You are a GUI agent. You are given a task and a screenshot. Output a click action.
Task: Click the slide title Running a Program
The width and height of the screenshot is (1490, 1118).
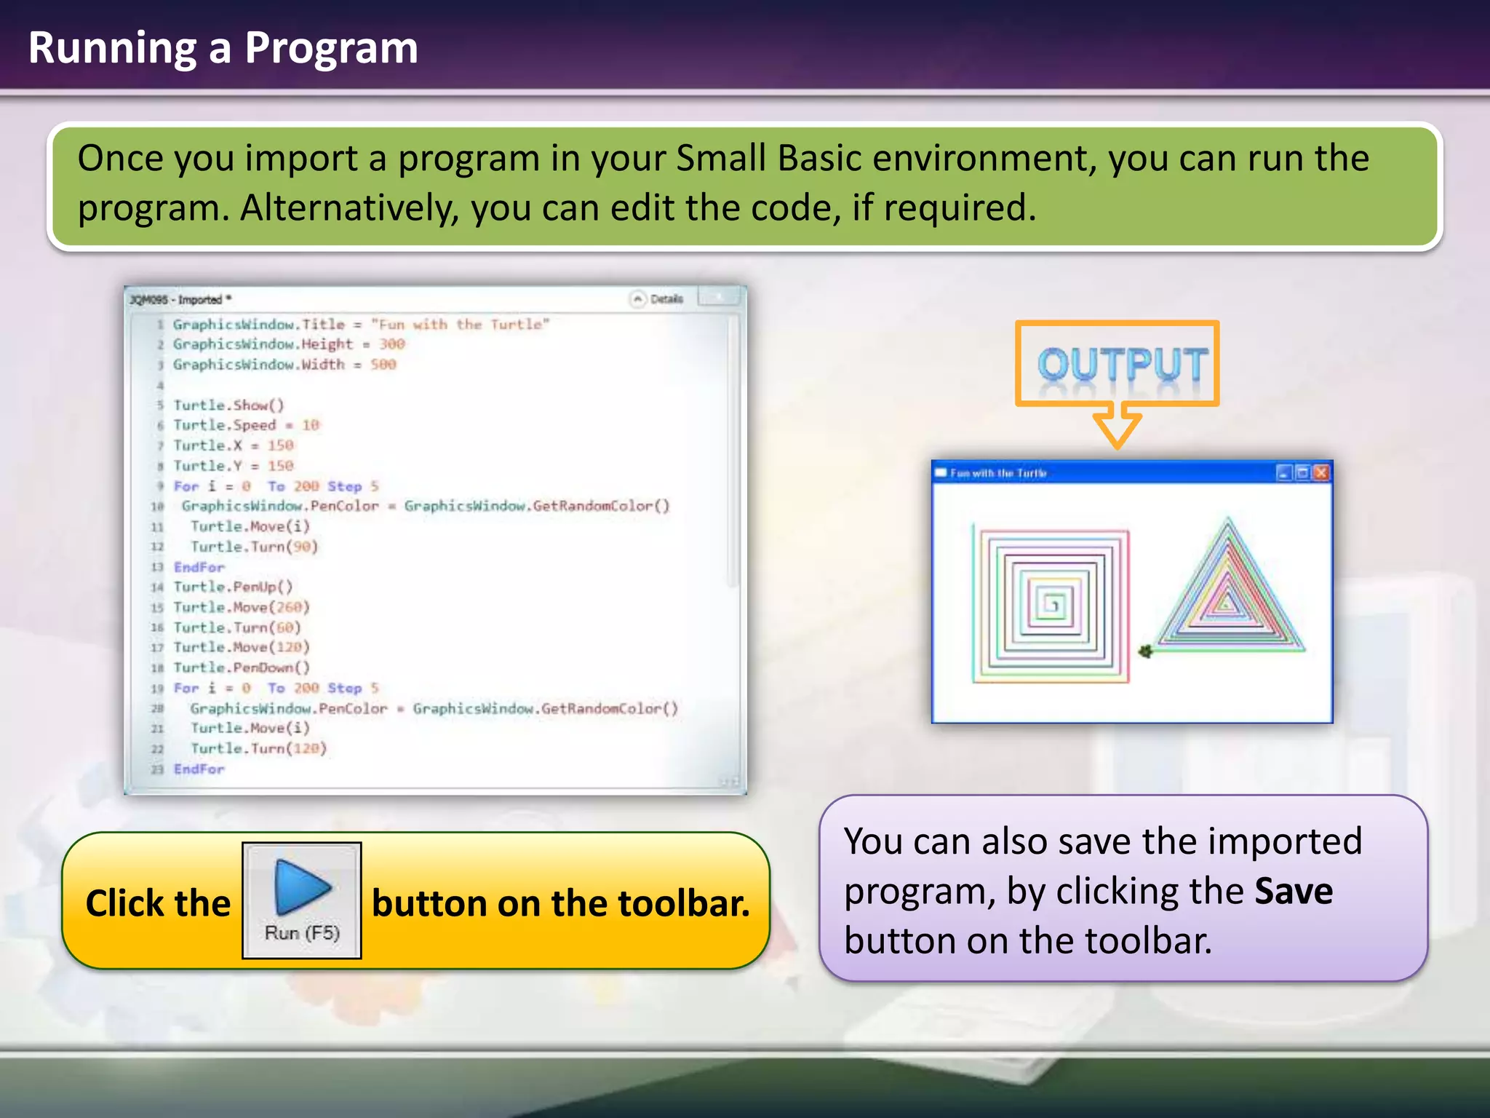point(223,48)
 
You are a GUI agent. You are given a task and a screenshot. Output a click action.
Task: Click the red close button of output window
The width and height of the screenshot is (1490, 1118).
point(1321,473)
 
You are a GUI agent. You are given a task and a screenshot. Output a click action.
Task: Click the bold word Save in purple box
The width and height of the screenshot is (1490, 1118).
point(1293,891)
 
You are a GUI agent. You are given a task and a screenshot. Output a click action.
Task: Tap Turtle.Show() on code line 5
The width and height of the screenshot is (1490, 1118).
point(228,405)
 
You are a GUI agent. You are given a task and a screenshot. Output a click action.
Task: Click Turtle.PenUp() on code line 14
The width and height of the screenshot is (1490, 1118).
point(233,587)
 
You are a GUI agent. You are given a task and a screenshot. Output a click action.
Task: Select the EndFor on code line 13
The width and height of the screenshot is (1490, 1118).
point(199,567)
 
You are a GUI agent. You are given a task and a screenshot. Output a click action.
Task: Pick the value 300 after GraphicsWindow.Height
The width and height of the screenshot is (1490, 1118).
point(391,344)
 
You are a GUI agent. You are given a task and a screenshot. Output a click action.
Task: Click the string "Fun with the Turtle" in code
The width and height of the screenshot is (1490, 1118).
point(460,325)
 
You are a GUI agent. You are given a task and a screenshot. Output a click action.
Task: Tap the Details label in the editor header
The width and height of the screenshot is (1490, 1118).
point(666,299)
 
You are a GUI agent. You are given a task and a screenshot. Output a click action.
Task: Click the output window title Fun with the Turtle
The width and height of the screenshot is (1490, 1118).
point(997,473)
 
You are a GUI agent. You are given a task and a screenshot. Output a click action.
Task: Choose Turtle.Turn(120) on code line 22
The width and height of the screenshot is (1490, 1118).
point(258,748)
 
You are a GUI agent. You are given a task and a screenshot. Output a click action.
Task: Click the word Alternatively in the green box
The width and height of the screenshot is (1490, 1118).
point(349,208)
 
